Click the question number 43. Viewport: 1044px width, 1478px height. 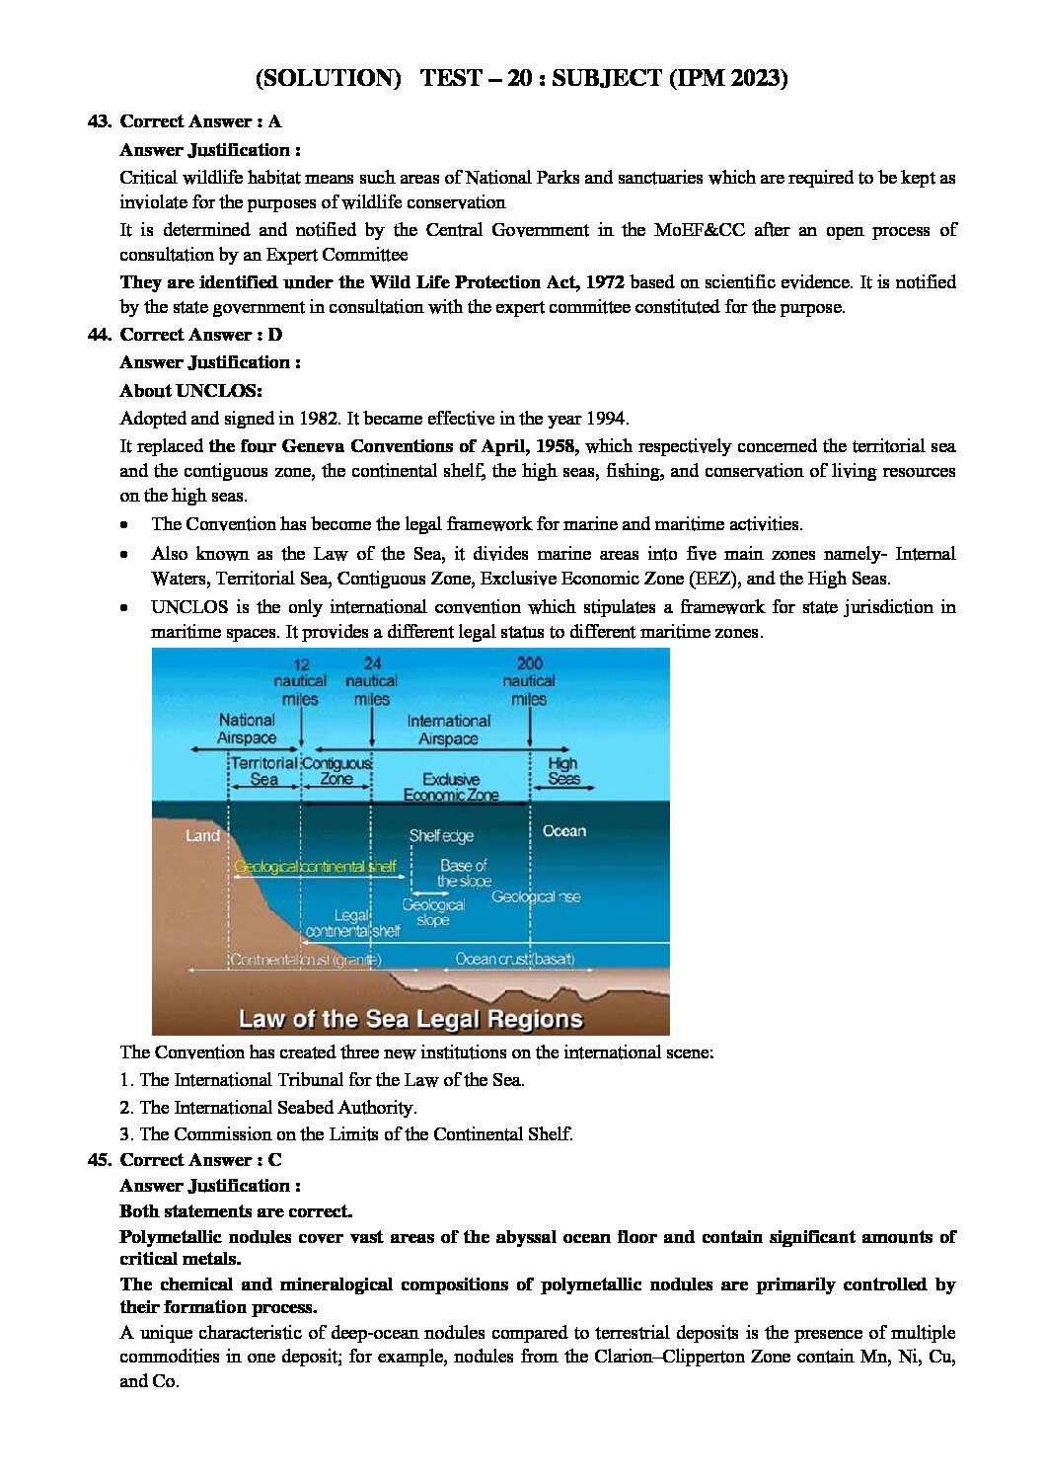[x=99, y=121]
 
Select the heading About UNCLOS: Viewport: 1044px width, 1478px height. [x=190, y=390]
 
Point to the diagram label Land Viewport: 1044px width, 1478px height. [x=202, y=835]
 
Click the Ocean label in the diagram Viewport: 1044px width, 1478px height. [x=563, y=831]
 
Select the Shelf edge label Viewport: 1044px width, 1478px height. [x=441, y=835]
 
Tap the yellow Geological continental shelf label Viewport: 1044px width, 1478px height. [x=315, y=867]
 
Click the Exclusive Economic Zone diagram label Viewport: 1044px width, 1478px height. [x=451, y=787]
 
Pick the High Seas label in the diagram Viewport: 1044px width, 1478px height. [x=563, y=771]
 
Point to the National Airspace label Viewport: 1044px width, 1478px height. [x=247, y=729]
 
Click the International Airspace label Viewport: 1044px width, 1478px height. [x=448, y=730]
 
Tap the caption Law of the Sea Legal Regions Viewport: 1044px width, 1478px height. [x=410, y=1019]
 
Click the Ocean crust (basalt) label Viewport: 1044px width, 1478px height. [x=514, y=959]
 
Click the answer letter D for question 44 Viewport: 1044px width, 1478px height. [x=275, y=335]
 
